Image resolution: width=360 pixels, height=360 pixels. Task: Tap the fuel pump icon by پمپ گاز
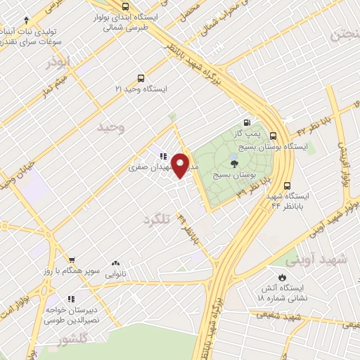(x=246, y=122)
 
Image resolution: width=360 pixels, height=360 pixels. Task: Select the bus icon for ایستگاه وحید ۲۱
(x=141, y=79)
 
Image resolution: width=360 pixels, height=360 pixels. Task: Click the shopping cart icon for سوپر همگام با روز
(x=71, y=259)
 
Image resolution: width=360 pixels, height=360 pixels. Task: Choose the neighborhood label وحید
(x=111, y=127)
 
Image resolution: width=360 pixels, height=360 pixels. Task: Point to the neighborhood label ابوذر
(x=58, y=62)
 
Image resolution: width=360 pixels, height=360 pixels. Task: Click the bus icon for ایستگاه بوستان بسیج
(x=273, y=136)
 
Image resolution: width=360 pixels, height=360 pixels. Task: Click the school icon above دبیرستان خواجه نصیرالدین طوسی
(x=71, y=299)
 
